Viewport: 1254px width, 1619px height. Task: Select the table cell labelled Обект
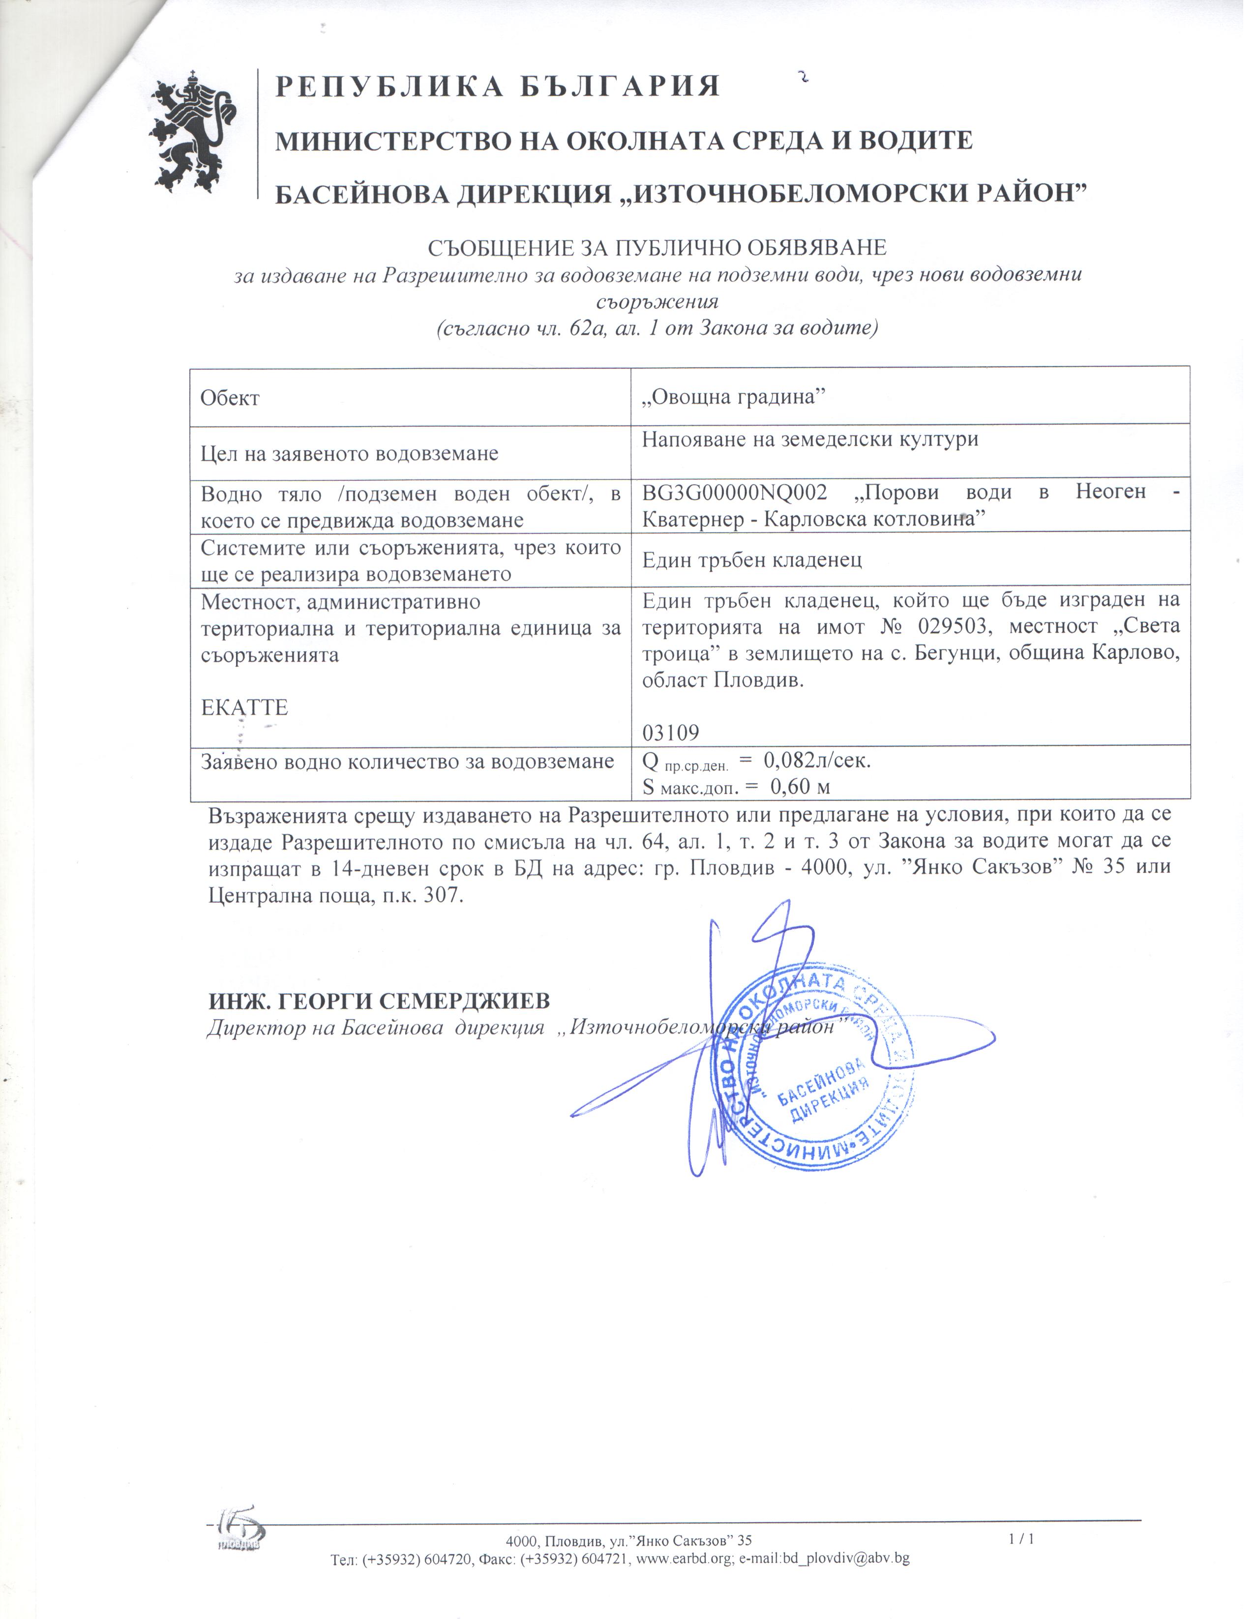230,398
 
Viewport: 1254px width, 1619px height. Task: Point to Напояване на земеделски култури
810,440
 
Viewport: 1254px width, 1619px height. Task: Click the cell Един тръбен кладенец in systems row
752,559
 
